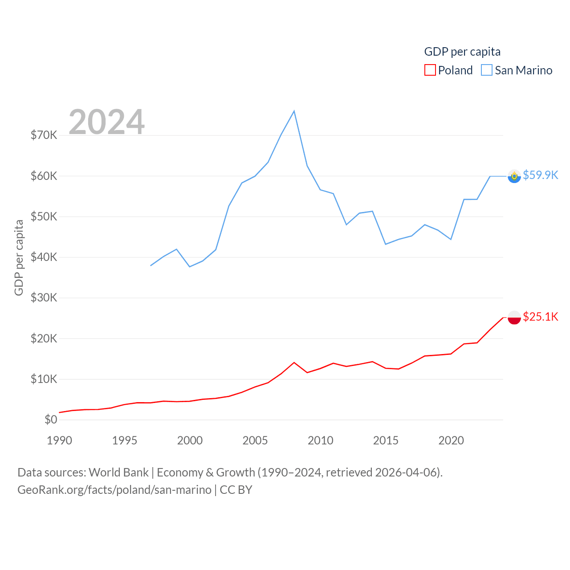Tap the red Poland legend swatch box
pos(430,70)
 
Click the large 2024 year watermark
pos(106,122)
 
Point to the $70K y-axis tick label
pos(44,135)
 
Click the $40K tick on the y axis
pos(44,257)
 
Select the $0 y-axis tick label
pos(51,419)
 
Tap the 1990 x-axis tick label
pos(59,440)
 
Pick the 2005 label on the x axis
pos(255,440)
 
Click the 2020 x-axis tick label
pos(451,440)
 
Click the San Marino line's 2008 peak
pos(294,111)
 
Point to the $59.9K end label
pos(540,175)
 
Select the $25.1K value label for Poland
pos(540,317)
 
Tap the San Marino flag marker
pos(514,176)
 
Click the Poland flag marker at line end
pos(514,318)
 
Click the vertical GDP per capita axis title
pos(19,257)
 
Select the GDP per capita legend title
pos(462,52)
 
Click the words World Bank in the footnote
pos(118,472)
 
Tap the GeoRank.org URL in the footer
pos(114,490)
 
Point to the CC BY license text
pos(236,490)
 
